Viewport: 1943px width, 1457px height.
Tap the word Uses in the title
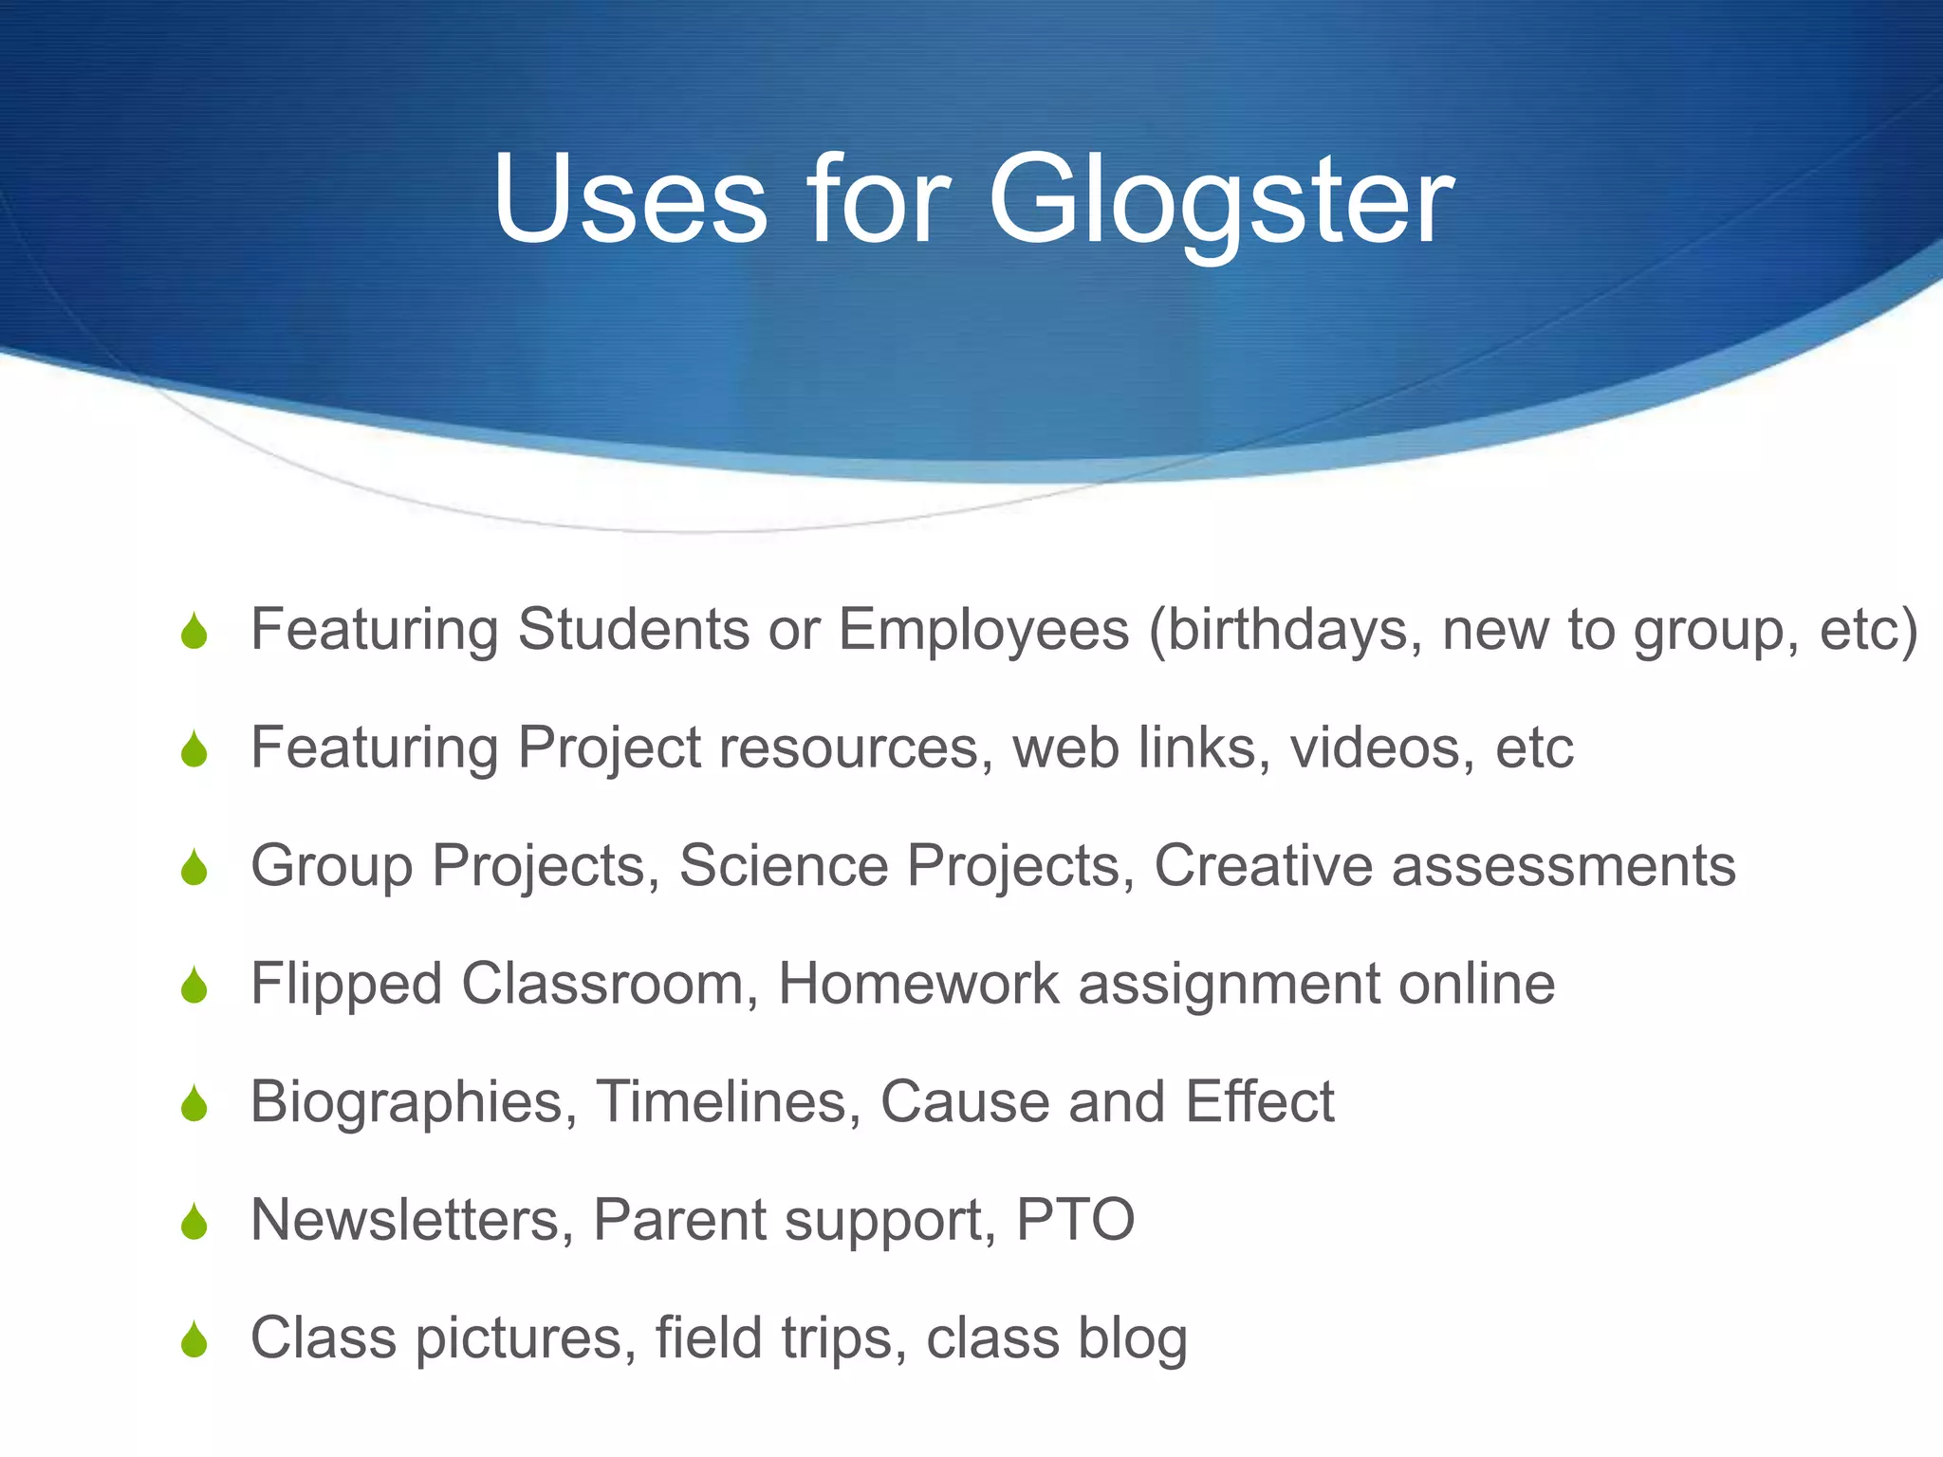coord(629,200)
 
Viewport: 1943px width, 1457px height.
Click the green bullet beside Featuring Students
coord(194,632)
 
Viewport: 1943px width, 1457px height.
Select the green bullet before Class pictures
coord(194,1340)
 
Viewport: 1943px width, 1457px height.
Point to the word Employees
coord(984,630)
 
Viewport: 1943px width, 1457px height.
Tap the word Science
coord(784,865)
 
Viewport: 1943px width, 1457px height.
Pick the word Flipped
coord(346,984)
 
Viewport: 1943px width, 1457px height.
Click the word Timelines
coord(721,1101)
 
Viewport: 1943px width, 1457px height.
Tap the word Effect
coord(1260,1101)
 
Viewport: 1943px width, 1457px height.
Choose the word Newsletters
coord(405,1220)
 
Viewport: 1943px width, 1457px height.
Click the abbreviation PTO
coord(1076,1220)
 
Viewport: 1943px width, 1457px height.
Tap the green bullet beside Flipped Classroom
coord(194,987)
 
